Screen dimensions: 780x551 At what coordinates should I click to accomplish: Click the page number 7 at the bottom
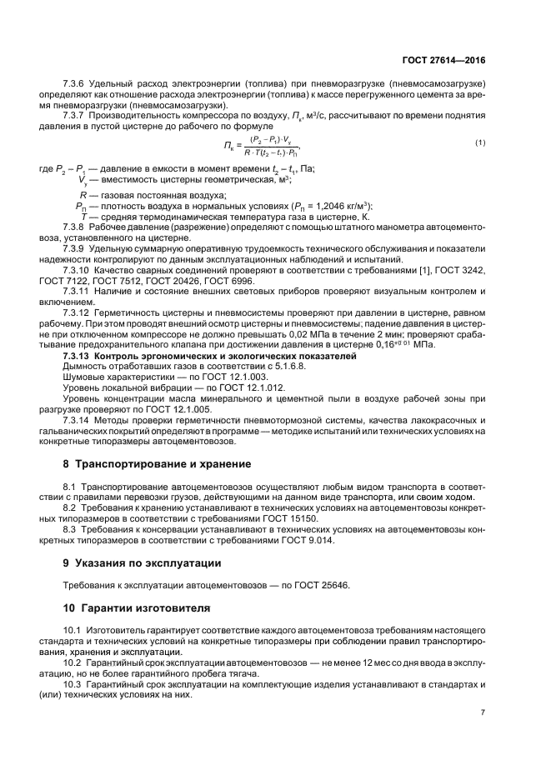point(483,712)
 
